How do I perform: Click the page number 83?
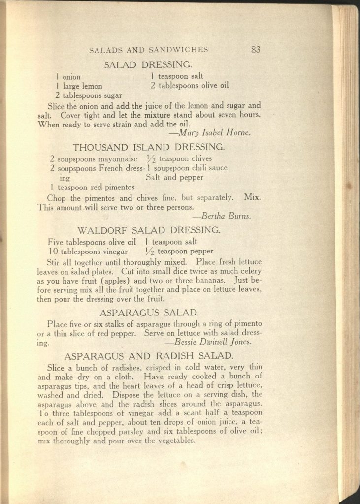[x=255, y=49]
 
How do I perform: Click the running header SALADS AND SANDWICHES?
[x=148, y=49]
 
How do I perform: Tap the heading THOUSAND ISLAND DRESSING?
[x=149, y=147]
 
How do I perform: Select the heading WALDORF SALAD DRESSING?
[x=149, y=230]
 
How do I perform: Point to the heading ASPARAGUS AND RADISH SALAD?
[x=149, y=355]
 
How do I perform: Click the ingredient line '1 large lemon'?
[x=79, y=86]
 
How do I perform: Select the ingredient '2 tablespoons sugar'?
[x=89, y=95]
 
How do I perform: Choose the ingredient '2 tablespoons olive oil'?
[x=190, y=86]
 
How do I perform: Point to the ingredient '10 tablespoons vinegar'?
[x=88, y=251]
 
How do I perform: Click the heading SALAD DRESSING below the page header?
[x=148, y=64]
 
